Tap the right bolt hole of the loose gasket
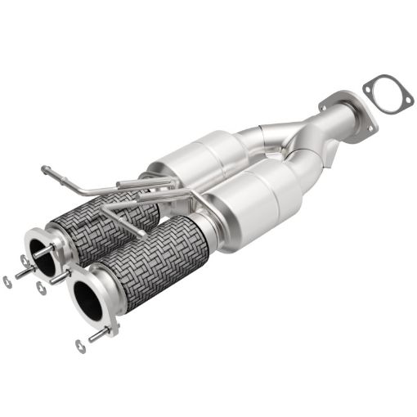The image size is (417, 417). tap(403, 104)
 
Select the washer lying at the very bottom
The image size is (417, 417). tap(79, 346)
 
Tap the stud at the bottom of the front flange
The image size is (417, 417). tap(99, 334)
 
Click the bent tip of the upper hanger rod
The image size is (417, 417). tap(45, 170)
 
